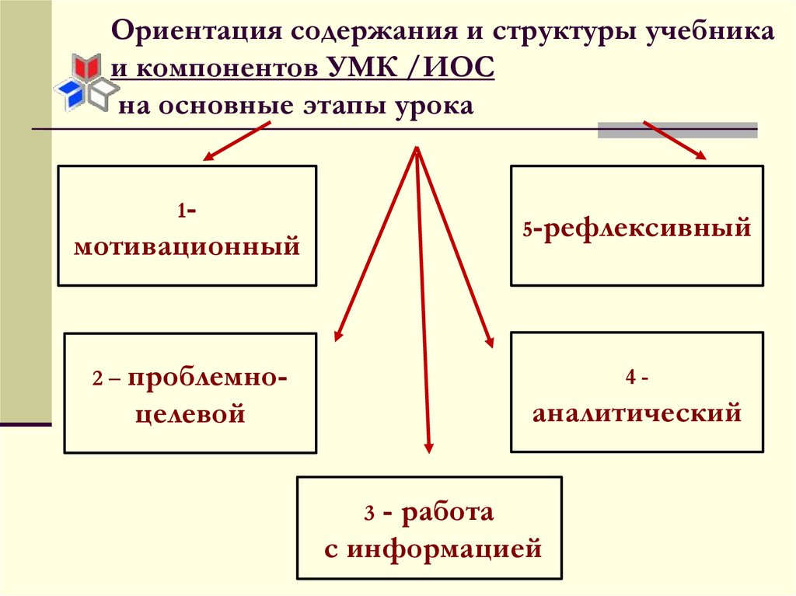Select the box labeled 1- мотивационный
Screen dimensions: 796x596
point(187,225)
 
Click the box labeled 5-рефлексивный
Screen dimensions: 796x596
point(637,225)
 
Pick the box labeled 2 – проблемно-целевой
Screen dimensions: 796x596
point(190,393)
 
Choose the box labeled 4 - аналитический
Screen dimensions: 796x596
point(637,392)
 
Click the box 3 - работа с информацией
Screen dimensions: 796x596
point(429,528)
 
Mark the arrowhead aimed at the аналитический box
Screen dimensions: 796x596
point(489,340)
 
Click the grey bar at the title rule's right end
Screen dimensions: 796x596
point(677,130)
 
